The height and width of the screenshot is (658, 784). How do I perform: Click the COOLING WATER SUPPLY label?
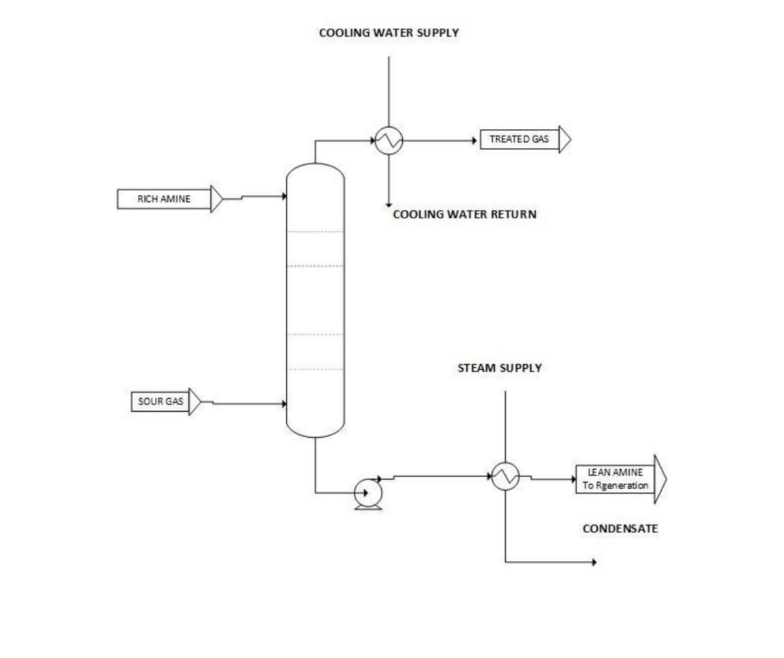(389, 32)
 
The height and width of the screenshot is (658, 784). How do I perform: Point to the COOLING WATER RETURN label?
(465, 214)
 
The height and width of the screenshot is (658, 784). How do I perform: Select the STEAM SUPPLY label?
(500, 368)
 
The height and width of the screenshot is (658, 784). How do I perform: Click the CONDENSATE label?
(620, 529)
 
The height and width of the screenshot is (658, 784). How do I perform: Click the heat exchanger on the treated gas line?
(389, 141)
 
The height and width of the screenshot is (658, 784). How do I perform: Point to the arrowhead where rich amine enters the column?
(282, 197)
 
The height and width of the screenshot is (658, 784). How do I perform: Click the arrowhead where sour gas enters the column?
(282, 404)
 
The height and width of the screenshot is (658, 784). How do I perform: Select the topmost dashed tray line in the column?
(315, 232)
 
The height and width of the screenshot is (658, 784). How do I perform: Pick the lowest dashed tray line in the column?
(315, 369)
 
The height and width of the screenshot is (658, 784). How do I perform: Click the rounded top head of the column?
(315, 169)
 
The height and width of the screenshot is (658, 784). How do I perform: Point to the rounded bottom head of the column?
(315, 431)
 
